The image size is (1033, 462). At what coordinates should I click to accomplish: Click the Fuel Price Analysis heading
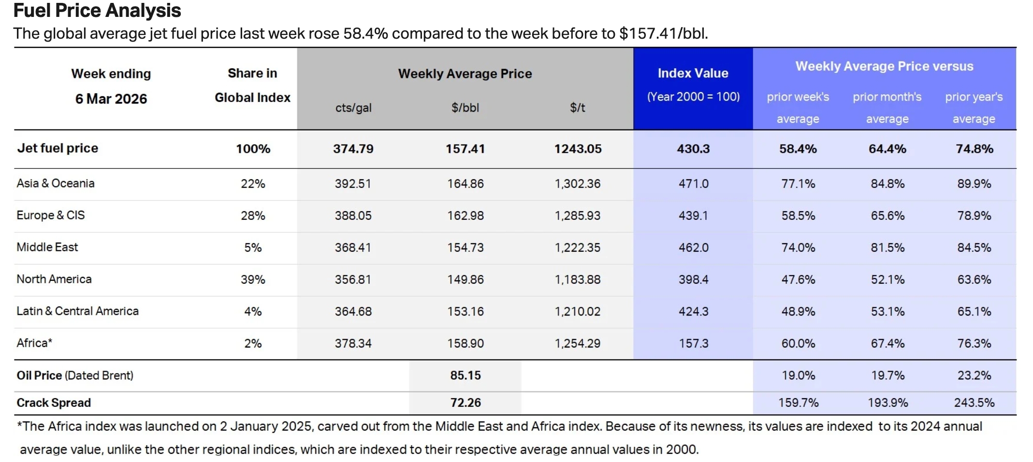coord(97,11)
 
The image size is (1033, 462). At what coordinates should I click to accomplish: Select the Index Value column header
coord(693,73)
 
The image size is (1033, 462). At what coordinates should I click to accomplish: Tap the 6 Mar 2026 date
coord(111,99)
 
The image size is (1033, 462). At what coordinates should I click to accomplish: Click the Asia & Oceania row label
coord(56,184)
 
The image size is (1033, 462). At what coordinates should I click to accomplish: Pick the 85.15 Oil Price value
coord(465,375)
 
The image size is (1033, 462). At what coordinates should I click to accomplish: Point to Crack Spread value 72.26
coord(465,403)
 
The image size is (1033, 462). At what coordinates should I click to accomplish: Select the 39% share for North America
coord(253,279)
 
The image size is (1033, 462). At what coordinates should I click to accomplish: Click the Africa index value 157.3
coord(693,344)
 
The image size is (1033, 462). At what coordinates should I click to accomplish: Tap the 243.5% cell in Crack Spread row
coord(974,403)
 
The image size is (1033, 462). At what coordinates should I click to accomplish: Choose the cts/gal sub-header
coord(353,108)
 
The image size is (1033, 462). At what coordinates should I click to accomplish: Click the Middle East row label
coord(47,247)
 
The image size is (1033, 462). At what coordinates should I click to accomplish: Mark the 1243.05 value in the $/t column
coord(578,149)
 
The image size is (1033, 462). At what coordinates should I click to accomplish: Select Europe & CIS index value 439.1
coord(693,216)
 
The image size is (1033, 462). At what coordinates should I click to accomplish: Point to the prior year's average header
coord(974,107)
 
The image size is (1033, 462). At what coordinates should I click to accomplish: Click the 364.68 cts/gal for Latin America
coord(353,312)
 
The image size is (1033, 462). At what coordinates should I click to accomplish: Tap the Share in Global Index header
coord(252,86)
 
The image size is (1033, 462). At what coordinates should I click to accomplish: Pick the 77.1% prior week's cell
coord(798,184)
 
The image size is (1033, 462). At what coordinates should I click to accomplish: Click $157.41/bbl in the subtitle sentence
coord(663,34)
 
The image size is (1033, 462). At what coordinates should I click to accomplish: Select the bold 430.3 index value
coord(693,149)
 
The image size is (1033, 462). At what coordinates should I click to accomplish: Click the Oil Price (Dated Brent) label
coord(75,375)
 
